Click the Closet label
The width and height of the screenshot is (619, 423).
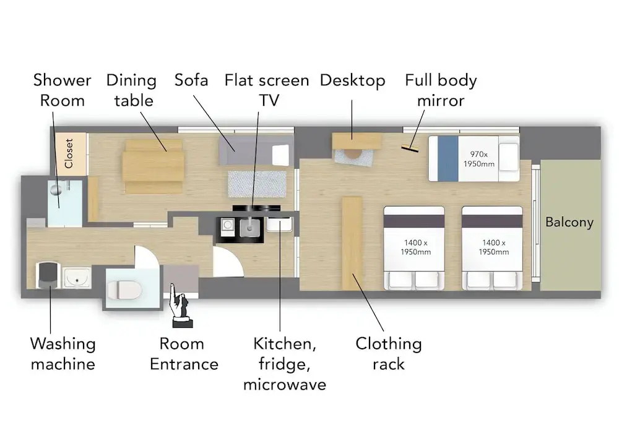[69, 153]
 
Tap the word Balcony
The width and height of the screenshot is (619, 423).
[569, 223]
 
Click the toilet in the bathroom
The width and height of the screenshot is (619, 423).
[124, 290]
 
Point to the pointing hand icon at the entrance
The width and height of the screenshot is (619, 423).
[180, 306]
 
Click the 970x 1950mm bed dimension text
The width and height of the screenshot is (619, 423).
[479, 160]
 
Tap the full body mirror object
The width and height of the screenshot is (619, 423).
[410, 148]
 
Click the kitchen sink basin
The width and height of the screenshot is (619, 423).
[249, 228]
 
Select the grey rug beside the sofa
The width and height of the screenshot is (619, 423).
[257, 184]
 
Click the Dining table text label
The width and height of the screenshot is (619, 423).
[132, 90]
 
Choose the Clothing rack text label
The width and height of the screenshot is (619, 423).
[389, 354]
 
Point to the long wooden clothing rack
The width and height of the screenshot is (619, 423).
[352, 243]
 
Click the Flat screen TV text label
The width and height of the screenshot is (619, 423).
[267, 90]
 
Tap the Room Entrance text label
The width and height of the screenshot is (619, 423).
[184, 354]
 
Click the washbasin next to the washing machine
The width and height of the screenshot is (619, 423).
[77, 278]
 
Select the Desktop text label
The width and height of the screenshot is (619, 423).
[353, 81]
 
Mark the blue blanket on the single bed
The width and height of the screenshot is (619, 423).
[448, 158]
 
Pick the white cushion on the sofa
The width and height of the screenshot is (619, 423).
[280, 155]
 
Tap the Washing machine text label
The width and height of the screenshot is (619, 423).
[63, 354]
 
